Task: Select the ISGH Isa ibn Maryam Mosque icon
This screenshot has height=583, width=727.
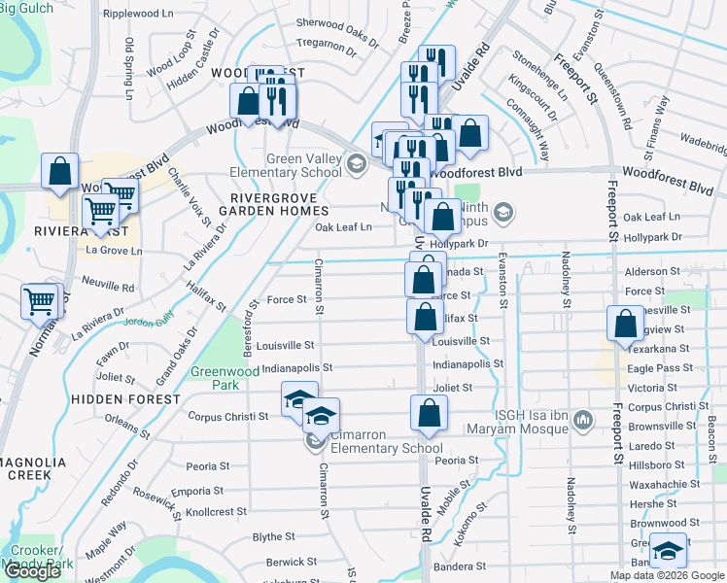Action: (x=583, y=420)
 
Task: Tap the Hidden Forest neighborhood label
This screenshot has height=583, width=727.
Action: (x=124, y=399)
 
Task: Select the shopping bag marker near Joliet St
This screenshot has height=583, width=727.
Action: (x=428, y=412)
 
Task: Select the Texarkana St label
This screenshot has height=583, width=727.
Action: (x=658, y=348)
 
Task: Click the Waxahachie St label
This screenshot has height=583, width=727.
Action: (x=666, y=483)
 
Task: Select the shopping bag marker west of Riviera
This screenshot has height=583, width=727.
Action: (x=59, y=170)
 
